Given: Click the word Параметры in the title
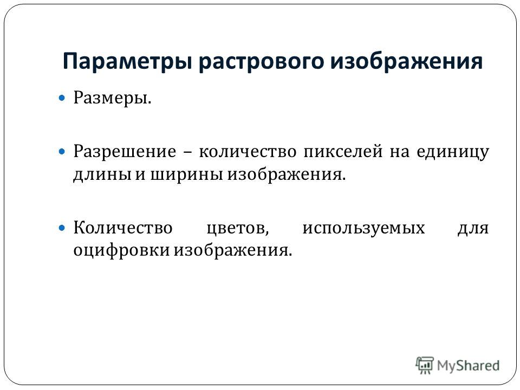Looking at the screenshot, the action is [127, 62].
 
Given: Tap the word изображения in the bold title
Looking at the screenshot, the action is [407, 61].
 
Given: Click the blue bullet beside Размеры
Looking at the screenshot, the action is [62, 98].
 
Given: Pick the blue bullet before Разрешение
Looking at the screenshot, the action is [62, 152].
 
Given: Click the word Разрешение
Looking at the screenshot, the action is [125, 152].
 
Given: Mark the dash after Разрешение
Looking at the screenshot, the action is [187, 153].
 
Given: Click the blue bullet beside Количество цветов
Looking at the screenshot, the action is [62, 228].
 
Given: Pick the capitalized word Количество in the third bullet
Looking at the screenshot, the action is [123, 228].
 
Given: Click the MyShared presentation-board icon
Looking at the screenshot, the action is [425, 366].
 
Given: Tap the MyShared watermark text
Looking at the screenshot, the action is [468, 366].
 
